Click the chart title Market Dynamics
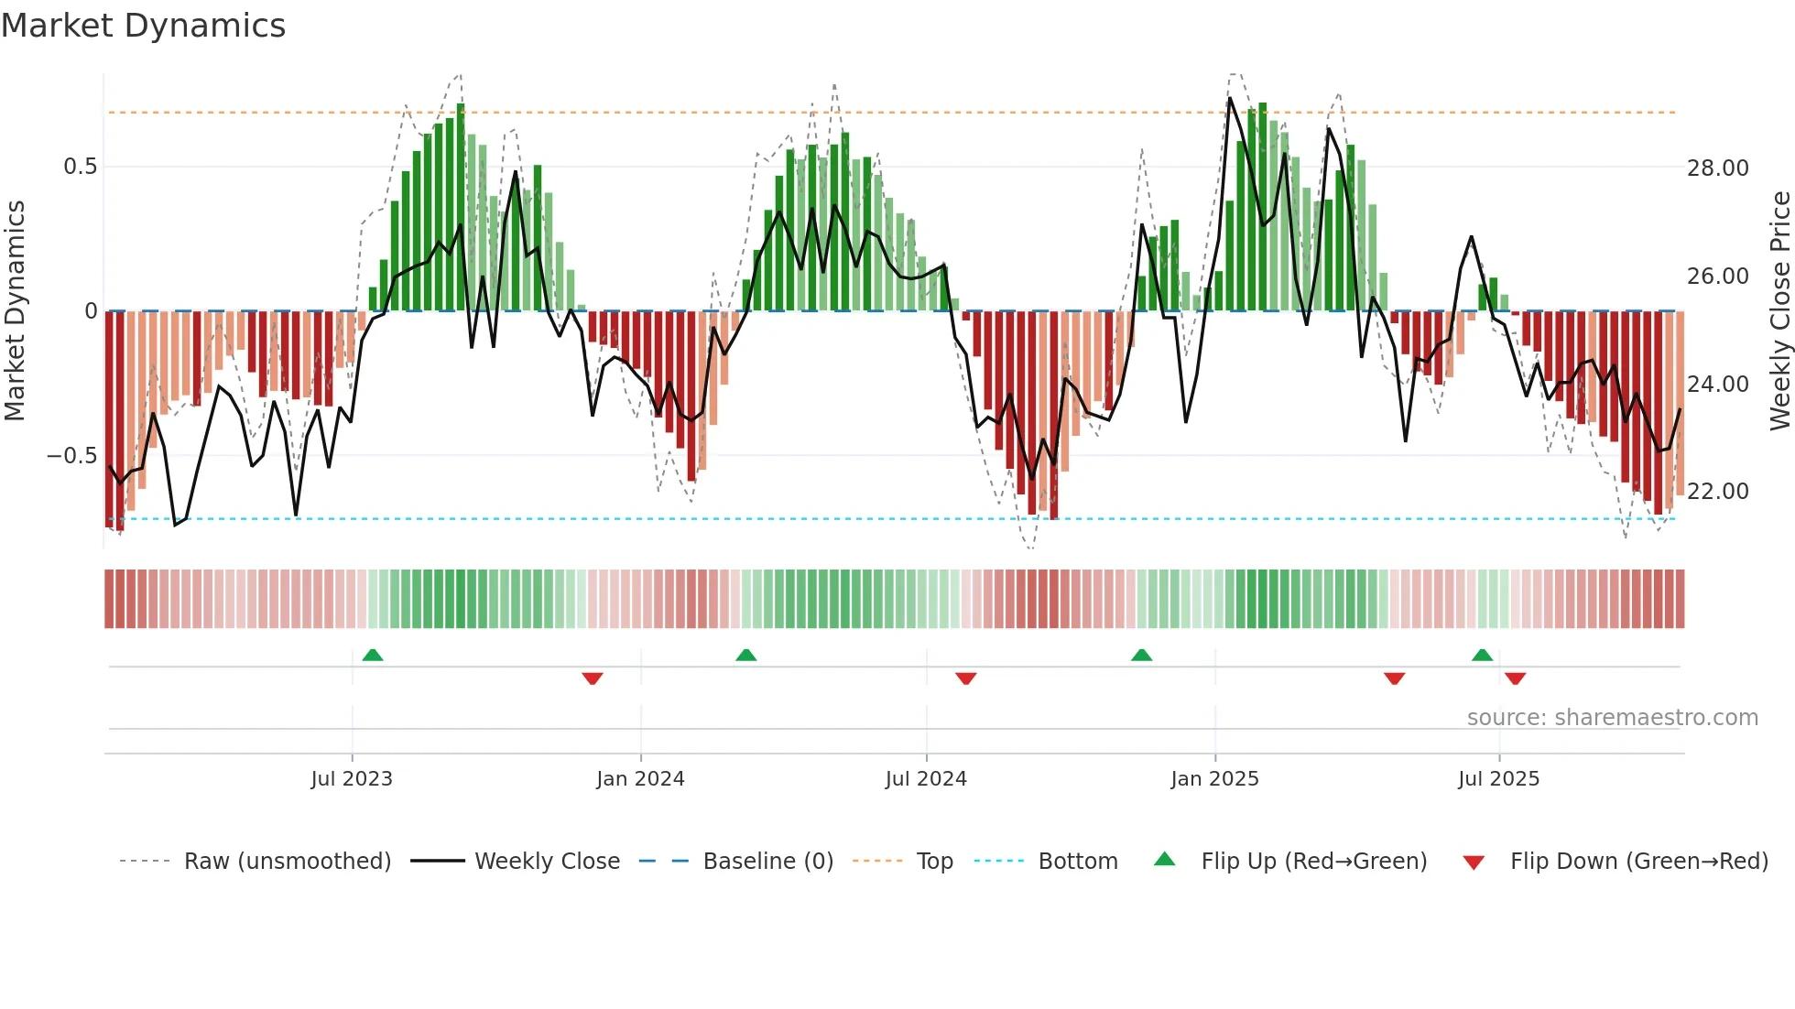tap(144, 26)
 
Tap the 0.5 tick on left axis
tap(80, 167)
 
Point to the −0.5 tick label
tap(71, 456)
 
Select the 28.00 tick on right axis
tap(1717, 168)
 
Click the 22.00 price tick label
tap(1717, 492)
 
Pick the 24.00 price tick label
tap(1717, 385)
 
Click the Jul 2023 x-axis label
tap(352, 779)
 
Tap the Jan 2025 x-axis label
tap(1214, 779)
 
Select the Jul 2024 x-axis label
tap(926, 779)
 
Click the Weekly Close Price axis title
tap(1779, 311)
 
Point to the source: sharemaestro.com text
tap(1612, 718)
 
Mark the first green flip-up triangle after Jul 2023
tap(373, 655)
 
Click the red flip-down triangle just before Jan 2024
tap(593, 678)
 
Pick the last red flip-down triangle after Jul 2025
tap(1515, 678)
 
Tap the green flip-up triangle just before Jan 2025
tap(1141, 655)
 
